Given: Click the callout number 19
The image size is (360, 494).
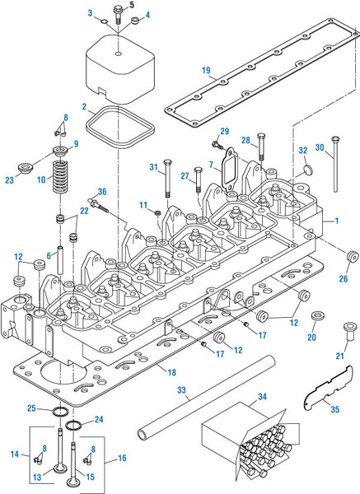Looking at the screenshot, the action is (x=206, y=70).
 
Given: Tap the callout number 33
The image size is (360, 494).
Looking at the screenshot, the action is (x=181, y=390).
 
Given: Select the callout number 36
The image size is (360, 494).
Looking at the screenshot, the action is (x=102, y=192).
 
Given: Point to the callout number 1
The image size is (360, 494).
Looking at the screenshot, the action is (x=337, y=221).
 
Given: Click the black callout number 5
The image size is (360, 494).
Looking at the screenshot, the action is (x=132, y=5).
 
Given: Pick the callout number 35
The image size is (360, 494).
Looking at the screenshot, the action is (x=335, y=409).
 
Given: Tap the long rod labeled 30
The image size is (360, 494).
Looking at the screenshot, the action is (x=335, y=164).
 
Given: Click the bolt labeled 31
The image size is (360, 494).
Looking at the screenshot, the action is (x=167, y=179).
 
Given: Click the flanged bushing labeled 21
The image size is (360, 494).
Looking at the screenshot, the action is (x=349, y=331).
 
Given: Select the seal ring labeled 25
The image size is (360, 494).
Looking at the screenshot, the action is (x=60, y=412).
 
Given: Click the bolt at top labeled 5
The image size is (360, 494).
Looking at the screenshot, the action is (x=118, y=15).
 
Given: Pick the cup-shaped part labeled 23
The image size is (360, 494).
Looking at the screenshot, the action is (x=25, y=168).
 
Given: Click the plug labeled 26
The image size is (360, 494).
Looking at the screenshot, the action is (x=352, y=256).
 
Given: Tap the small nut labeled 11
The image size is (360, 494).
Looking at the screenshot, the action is (x=157, y=213).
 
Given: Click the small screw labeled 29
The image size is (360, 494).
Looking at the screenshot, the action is (x=217, y=144).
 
